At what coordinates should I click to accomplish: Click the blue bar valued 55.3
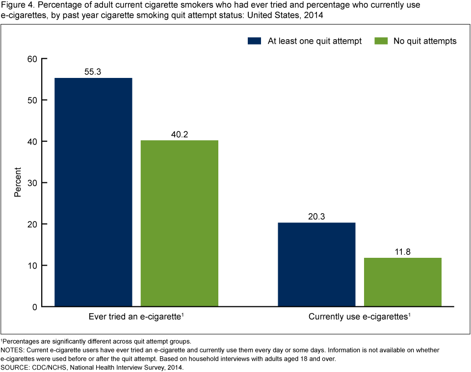(x=93, y=192)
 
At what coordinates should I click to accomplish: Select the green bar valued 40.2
(x=180, y=223)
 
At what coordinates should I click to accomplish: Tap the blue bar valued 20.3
(x=316, y=265)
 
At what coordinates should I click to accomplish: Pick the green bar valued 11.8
(x=403, y=282)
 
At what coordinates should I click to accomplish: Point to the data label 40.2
(x=180, y=133)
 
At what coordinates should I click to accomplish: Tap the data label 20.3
(x=316, y=216)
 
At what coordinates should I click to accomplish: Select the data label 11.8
(x=403, y=251)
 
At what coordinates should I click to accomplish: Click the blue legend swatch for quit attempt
(x=255, y=41)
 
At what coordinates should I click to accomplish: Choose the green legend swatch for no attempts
(x=381, y=41)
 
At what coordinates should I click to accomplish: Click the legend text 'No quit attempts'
(x=425, y=41)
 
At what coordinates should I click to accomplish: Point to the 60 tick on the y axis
(x=32, y=59)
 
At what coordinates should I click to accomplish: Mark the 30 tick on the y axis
(x=32, y=183)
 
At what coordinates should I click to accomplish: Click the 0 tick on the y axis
(x=35, y=307)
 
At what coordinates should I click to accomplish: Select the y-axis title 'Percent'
(x=18, y=183)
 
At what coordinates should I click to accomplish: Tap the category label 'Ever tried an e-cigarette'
(x=135, y=317)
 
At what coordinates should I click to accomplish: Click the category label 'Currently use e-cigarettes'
(x=358, y=317)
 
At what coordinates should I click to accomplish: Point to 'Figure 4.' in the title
(x=15, y=5)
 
